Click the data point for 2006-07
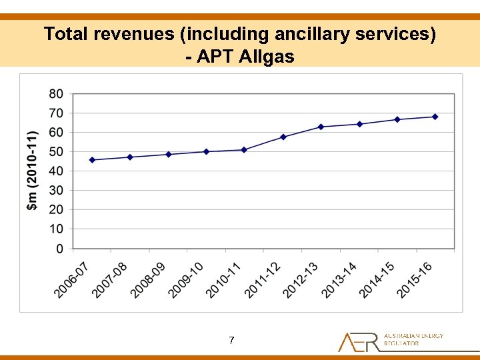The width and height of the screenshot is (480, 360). [92, 160]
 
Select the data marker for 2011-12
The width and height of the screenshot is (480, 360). [283, 137]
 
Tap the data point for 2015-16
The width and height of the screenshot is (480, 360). [435, 117]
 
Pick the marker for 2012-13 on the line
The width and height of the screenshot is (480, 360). [321, 127]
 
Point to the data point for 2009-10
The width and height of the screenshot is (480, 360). [206, 151]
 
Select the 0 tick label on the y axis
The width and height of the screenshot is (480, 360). [60, 249]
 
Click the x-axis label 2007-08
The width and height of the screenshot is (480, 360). [110, 280]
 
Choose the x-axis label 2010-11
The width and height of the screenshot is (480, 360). [225, 280]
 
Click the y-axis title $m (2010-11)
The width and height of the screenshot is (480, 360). [32, 171]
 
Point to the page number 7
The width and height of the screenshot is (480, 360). [231, 341]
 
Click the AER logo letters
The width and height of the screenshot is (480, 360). [359, 341]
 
